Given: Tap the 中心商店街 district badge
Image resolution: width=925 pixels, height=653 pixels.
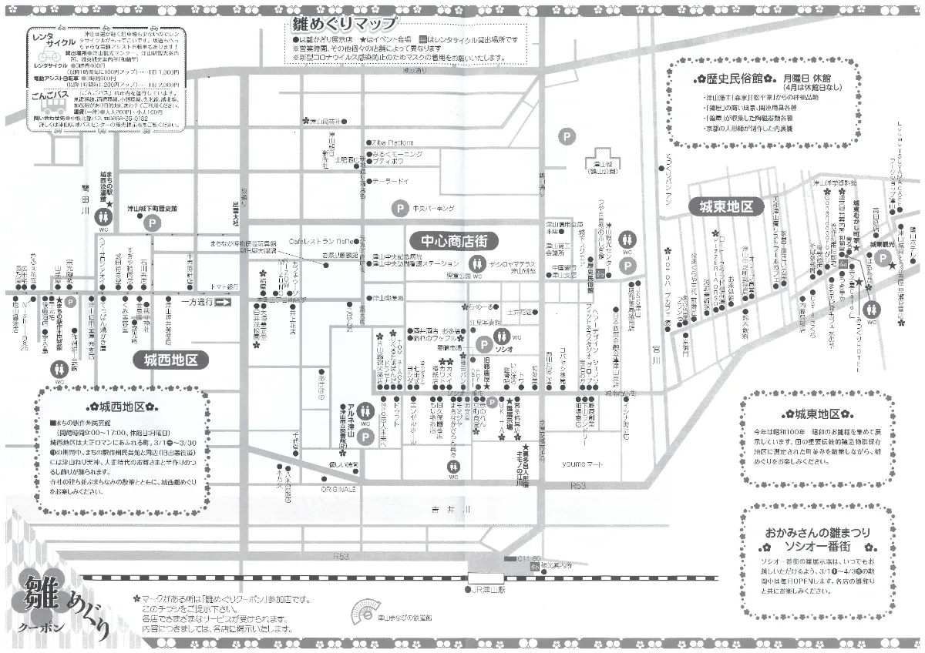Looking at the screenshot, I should [453, 239].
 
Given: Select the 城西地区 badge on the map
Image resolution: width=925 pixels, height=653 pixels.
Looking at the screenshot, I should [171, 359].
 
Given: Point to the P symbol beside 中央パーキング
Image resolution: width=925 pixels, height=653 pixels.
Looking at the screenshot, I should [400, 208].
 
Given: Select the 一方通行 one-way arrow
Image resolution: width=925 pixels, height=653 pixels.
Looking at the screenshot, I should [222, 301].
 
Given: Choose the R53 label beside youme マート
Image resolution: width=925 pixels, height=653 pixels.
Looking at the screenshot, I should [578, 487].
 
